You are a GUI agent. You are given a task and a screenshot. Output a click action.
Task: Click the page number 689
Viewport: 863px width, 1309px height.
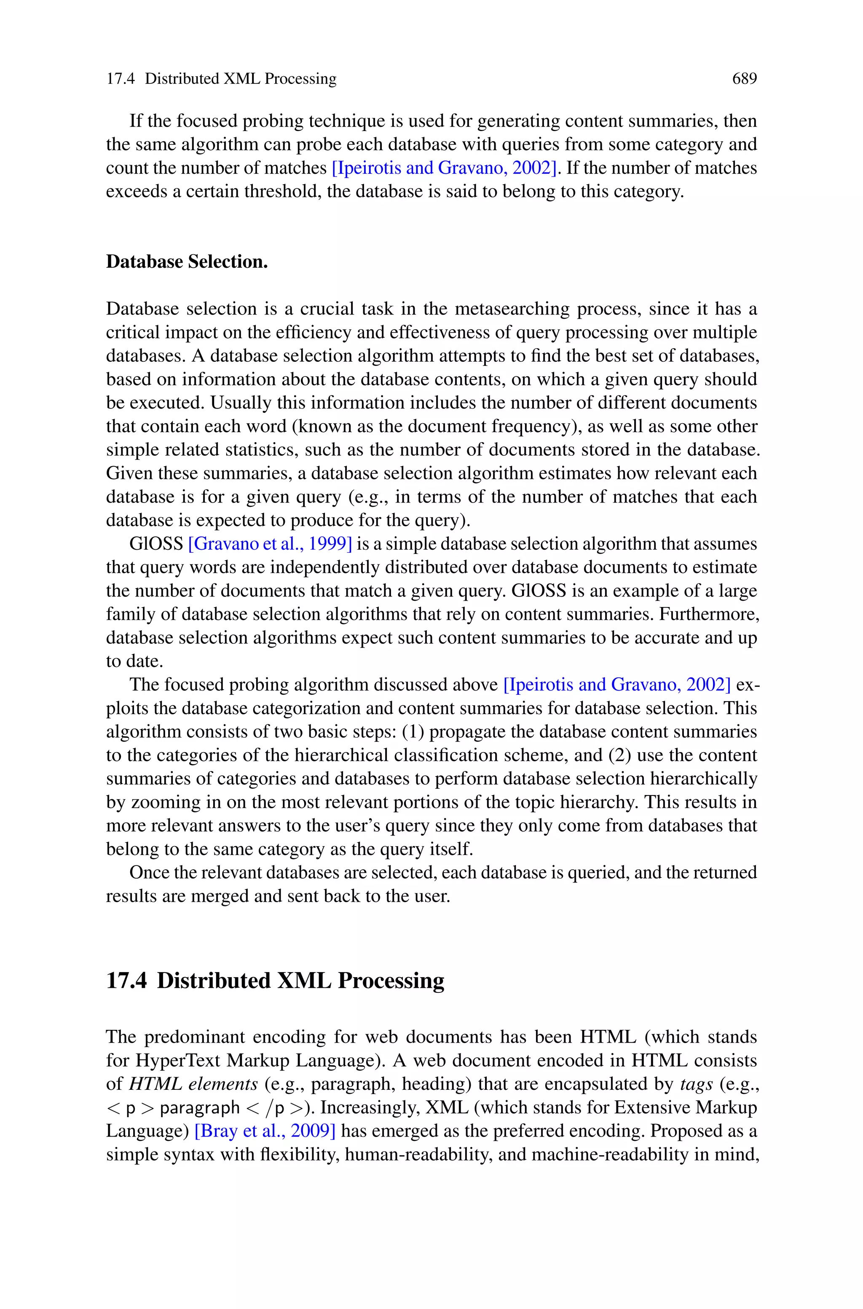(744, 79)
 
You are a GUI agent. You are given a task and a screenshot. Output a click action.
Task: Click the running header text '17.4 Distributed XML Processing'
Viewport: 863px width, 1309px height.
(221, 79)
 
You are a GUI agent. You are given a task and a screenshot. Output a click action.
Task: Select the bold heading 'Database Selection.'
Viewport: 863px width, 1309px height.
(187, 261)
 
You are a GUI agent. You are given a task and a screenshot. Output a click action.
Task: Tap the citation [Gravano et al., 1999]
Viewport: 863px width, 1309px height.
(270, 544)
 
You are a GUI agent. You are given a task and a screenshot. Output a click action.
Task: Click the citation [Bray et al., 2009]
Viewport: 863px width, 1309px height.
(265, 1131)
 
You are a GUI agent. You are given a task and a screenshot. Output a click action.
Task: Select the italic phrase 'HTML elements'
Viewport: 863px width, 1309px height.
(193, 1084)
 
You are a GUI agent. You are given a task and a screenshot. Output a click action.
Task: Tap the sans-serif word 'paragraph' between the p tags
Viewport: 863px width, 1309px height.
(199, 1107)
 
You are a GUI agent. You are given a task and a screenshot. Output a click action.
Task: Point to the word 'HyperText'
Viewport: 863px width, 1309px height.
(178, 1060)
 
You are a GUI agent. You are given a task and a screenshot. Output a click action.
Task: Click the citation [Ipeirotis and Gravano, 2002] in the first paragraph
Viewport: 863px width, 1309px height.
(444, 168)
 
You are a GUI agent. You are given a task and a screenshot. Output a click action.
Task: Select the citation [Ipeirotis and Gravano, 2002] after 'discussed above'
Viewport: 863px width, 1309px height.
(617, 685)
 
